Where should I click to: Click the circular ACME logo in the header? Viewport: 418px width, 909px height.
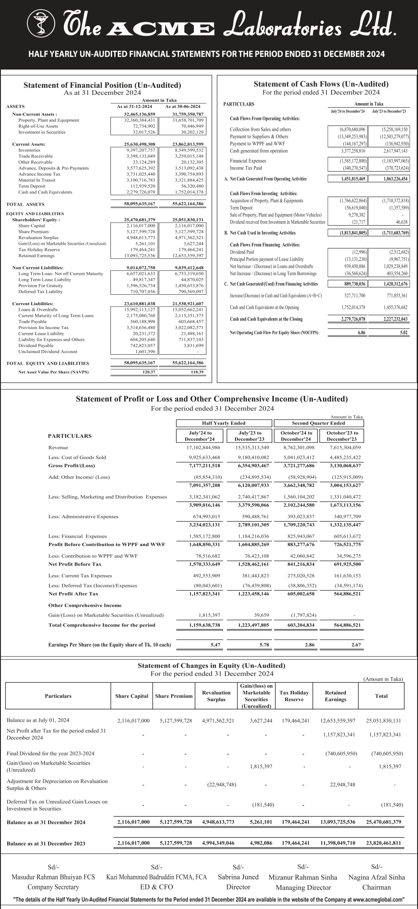(x=41, y=23)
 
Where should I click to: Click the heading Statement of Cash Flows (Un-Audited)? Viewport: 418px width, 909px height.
(x=321, y=84)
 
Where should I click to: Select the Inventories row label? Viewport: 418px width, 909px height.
(x=29, y=150)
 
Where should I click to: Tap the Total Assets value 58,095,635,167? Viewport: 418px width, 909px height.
(x=139, y=204)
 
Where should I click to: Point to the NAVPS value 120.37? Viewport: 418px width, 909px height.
(x=149, y=372)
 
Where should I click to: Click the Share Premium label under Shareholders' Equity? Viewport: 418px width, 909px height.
(x=33, y=232)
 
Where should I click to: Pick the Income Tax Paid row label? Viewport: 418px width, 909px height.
(x=246, y=168)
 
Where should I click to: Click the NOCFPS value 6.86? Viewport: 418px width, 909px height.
(x=361, y=333)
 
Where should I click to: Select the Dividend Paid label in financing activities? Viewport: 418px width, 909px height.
(x=242, y=252)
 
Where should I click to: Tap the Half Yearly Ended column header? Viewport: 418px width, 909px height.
(x=224, y=423)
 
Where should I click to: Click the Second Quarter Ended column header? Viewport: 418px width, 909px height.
(x=318, y=423)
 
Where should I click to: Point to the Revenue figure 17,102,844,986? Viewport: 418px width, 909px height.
(x=203, y=447)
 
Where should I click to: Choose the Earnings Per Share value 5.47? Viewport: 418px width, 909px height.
(x=215, y=645)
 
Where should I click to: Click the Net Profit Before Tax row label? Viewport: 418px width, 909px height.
(x=75, y=564)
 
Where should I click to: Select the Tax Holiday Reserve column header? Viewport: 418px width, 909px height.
(x=294, y=696)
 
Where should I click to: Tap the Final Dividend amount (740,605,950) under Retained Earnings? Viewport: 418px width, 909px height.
(x=341, y=753)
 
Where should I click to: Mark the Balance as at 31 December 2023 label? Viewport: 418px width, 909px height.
(x=46, y=843)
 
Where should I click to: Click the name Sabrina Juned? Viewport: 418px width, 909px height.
(x=238, y=877)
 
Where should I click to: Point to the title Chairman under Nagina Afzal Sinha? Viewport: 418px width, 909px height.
(x=376, y=887)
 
